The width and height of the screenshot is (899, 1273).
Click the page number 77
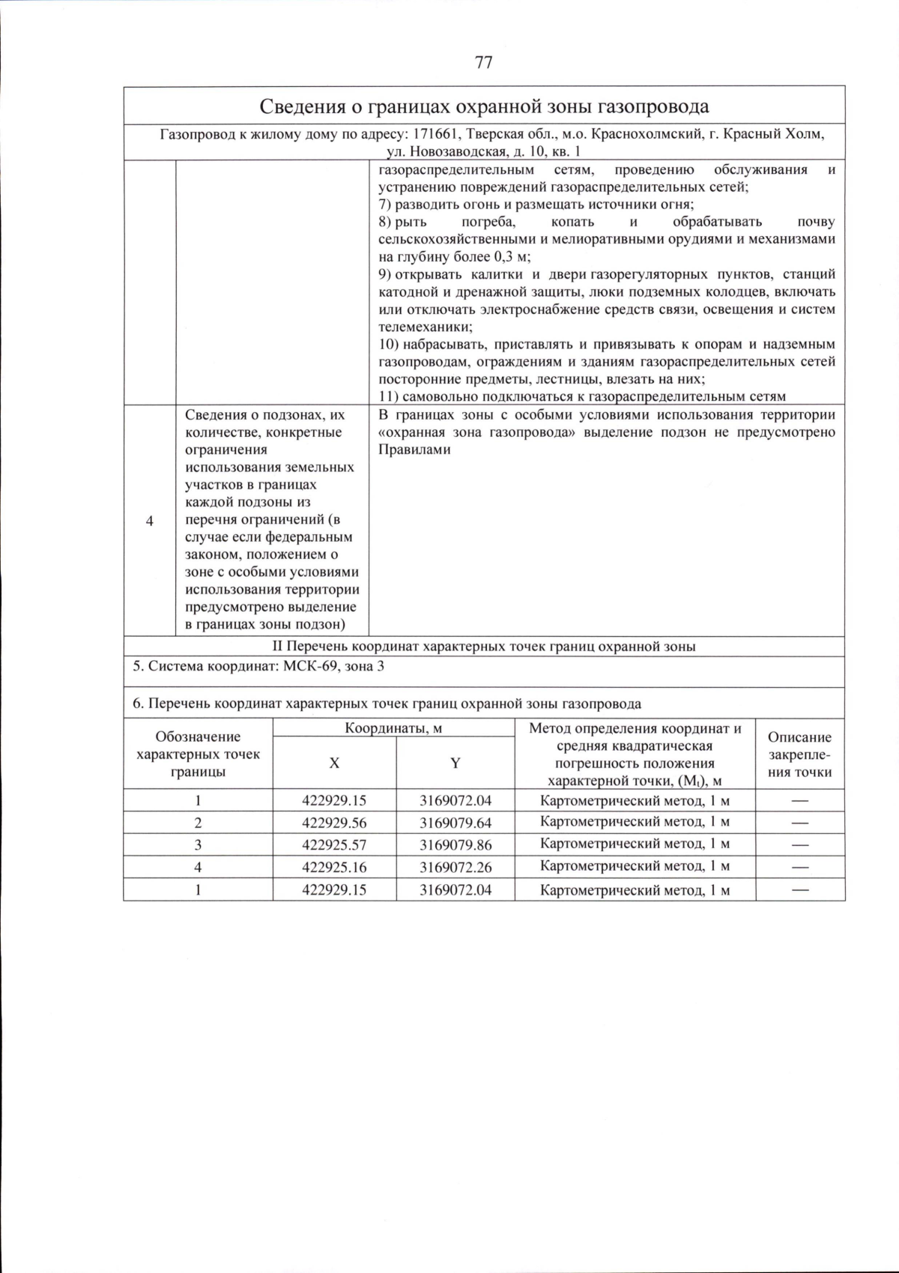pyautogui.click(x=483, y=62)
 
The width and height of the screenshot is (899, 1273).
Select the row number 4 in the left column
pyautogui.click(x=149, y=521)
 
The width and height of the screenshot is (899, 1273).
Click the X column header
pyautogui.click(x=334, y=763)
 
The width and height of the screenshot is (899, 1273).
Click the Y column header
pyautogui.click(x=455, y=763)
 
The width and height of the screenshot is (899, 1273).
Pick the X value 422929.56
pyautogui.click(x=334, y=823)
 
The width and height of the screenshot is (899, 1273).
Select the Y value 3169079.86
pyautogui.click(x=455, y=844)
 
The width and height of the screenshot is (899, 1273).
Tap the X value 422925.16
pyautogui.click(x=334, y=867)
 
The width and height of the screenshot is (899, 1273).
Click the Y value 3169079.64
pyautogui.click(x=455, y=823)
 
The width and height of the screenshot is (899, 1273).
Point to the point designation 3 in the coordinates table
pyautogui.click(x=198, y=844)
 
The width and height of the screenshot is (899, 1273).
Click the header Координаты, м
pyautogui.click(x=393, y=728)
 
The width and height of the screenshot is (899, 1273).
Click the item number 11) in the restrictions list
pyautogui.click(x=388, y=397)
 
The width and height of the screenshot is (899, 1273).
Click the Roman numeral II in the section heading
pyautogui.click(x=277, y=647)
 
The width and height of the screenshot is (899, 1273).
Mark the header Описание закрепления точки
pyautogui.click(x=799, y=755)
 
